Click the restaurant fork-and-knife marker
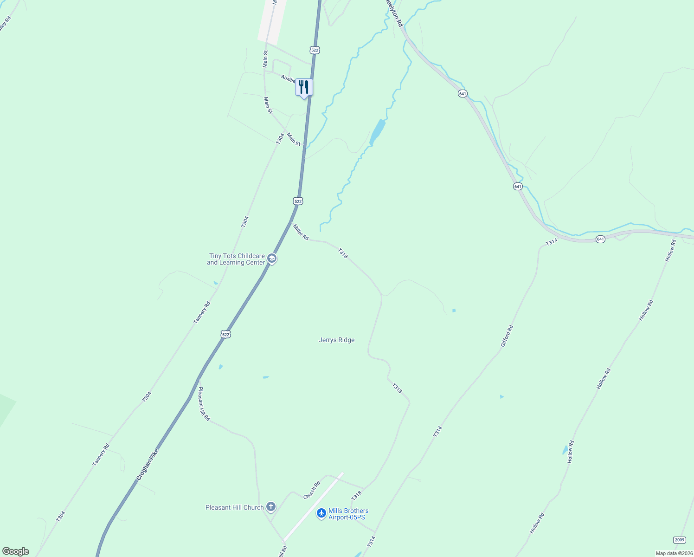(304, 87)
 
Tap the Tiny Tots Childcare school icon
(272, 259)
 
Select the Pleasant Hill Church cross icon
(271, 507)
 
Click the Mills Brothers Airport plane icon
(321, 513)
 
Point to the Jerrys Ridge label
(336, 340)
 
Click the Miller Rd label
(300, 232)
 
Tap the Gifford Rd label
(507, 336)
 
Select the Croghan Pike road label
(148, 464)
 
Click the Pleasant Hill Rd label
(204, 404)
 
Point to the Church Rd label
(312, 490)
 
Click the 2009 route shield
(679, 540)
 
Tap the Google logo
(16, 551)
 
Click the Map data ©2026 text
(673, 553)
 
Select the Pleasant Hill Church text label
(234, 507)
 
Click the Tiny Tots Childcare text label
(237, 259)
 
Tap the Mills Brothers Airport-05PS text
(348, 514)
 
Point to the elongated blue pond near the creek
(378, 132)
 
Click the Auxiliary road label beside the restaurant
(288, 79)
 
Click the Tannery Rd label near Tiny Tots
(202, 312)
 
